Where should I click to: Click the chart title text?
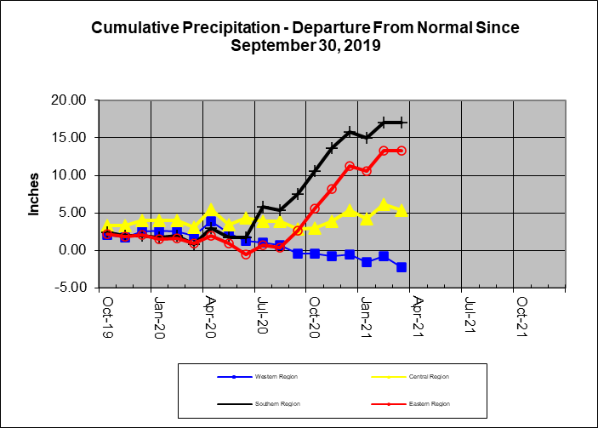[305, 36]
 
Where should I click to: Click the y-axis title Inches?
[35, 195]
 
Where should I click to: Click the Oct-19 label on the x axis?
[106, 312]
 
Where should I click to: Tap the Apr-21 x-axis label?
[418, 312]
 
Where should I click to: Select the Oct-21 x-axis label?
[521, 312]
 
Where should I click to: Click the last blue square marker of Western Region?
[401, 267]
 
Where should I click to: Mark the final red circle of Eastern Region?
[401, 151]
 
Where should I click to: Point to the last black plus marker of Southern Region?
[401, 123]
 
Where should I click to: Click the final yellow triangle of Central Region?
[401, 210]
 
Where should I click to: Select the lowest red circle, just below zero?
[246, 254]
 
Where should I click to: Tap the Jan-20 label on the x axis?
[158, 312]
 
